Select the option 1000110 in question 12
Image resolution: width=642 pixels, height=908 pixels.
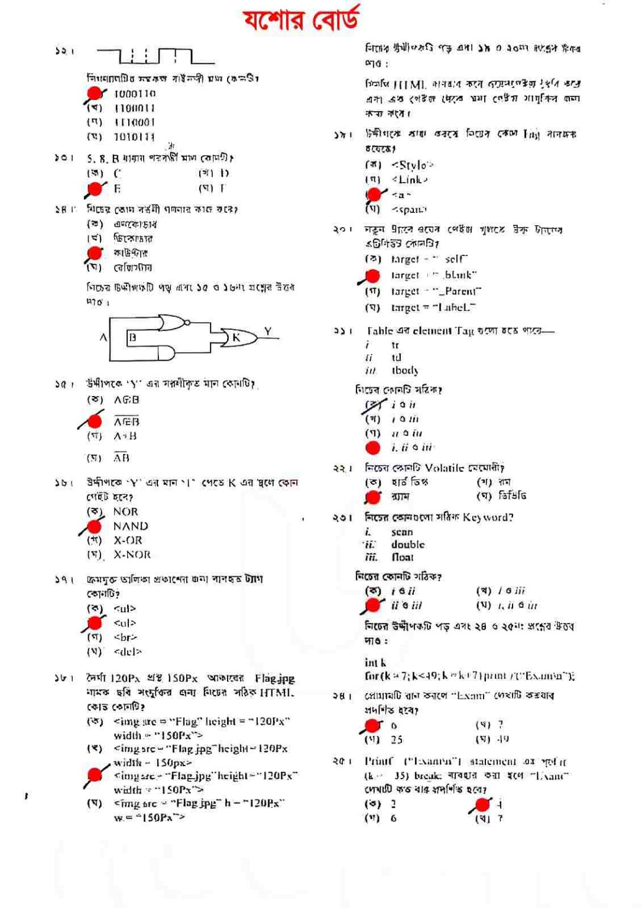tap(135, 93)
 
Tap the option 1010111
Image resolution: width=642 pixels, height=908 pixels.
tap(135, 137)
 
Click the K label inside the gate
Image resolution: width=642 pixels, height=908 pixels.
tap(236, 338)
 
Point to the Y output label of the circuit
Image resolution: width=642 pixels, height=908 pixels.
tap(268, 332)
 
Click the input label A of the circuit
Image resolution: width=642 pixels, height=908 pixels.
tap(103, 338)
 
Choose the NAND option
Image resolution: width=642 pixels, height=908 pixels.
tap(131, 526)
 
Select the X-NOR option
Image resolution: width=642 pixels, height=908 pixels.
tap(132, 555)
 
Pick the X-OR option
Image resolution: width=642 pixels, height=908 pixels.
tap(128, 540)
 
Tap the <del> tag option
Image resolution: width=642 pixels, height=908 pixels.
tap(128, 652)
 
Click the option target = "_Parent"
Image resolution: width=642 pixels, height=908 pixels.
tap(436, 291)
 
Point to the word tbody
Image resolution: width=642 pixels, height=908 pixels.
tap(405, 371)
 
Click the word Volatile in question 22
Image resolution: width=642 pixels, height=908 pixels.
tap(445, 468)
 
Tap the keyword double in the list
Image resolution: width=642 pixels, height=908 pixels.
tap(408, 545)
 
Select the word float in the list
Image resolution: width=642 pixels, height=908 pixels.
tap(403, 557)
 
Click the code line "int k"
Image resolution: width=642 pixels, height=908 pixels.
tap(375, 663)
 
